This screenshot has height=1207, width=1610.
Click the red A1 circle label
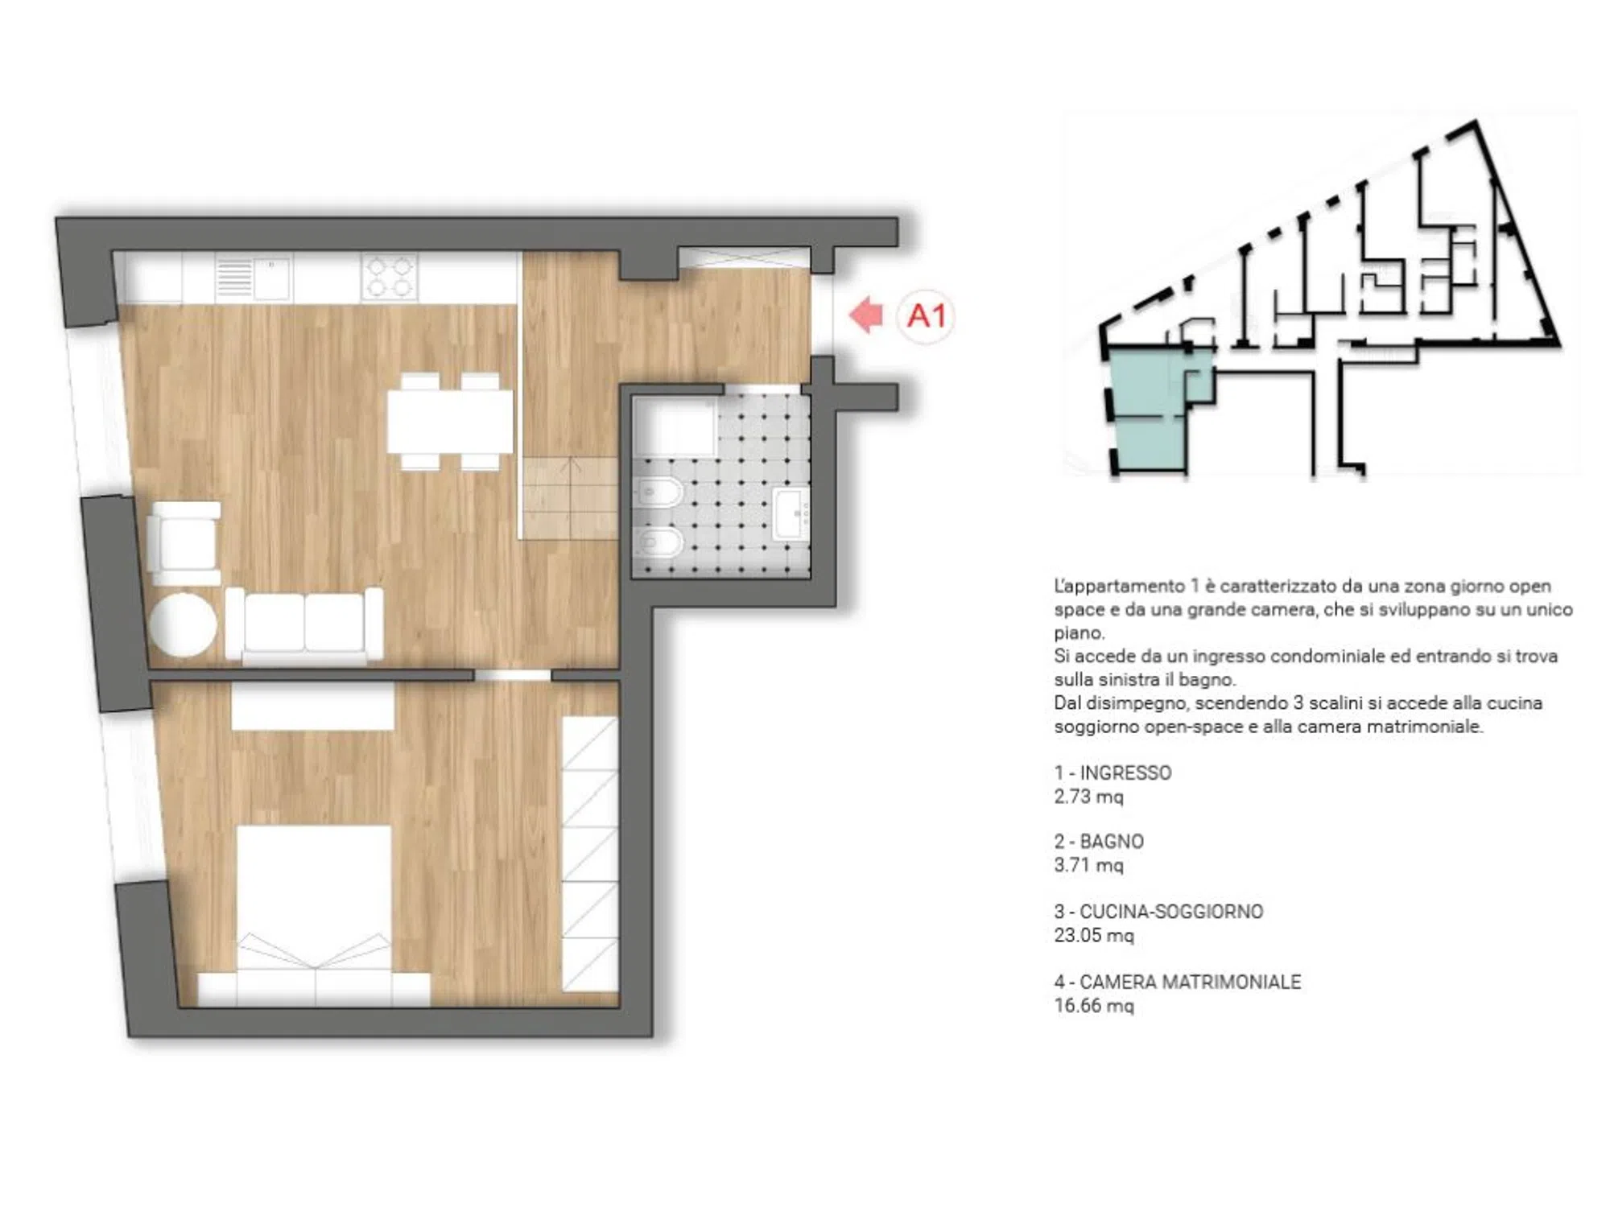click(926, 316)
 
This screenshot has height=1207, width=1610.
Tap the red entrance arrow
click(866, 315)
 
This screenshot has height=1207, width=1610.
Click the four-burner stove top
click(390, 277)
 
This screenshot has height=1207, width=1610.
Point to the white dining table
click(450, 421)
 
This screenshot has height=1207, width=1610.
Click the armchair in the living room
click(185, 543)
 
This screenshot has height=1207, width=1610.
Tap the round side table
click(184, 624)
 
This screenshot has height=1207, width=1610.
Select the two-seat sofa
click(304, 625)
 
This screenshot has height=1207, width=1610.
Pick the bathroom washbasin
click(791, 513)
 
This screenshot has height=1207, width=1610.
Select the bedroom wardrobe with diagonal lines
click(590, 854)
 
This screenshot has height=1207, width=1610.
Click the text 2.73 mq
click(1088, 797)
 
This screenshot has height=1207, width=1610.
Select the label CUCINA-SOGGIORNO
click(1171, 912)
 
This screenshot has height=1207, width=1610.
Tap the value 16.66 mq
click(1094, 1006)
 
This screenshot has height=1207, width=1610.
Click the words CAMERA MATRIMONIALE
click(1190, 982)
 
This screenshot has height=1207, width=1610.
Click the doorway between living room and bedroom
click(513, 675)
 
